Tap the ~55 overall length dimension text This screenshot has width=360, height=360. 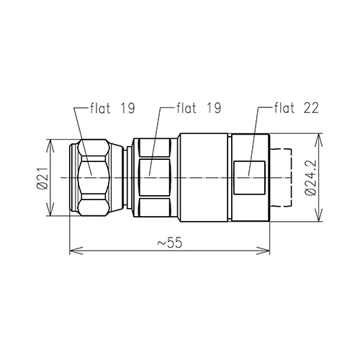click(x=170, y=243)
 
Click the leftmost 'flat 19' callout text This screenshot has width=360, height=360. click(x=112, y=108)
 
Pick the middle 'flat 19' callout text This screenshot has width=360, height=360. click(x=199, y=108)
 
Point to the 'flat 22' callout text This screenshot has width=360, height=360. click(x=297, y=108)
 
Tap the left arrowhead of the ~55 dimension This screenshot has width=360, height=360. click(x=76, y=251)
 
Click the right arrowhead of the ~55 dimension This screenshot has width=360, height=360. click(x=264, y=251)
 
